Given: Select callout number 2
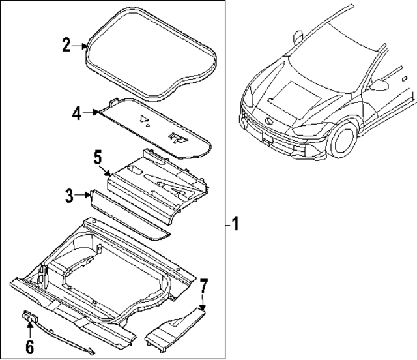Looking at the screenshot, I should pos(66,45).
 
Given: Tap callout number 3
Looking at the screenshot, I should pos(68,194).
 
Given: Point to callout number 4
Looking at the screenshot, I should pos(76,113).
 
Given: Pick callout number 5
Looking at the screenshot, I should pos(97,158).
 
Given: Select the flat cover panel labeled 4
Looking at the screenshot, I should pos(156,130).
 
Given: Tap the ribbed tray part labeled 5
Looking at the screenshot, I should pos(160,186).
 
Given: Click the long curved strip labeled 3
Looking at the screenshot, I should pos(130,215).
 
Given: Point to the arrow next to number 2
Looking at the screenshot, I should pos(83,46).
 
